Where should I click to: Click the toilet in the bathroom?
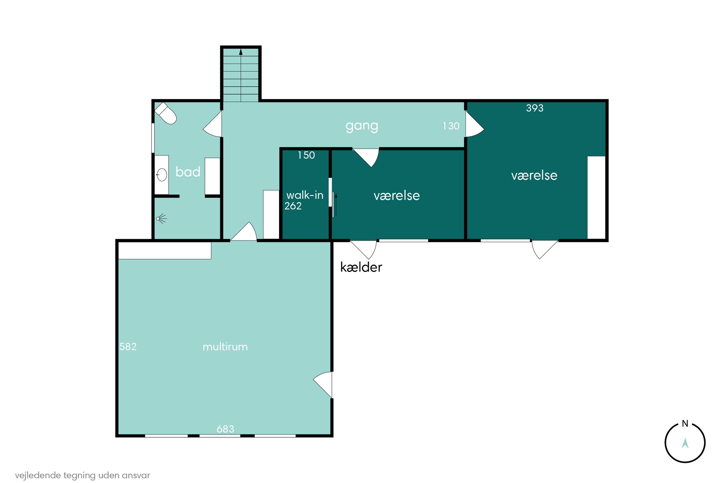[165, 113]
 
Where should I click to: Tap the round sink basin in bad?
[162, 175]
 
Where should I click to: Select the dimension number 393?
[535, 108]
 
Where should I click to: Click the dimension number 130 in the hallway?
[451, 126]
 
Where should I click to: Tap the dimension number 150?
[306, 155]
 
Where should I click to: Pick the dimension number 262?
[293, 206]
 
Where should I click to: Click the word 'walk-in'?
[305, 195]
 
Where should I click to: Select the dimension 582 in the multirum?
[128, 347]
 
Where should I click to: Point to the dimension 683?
[225, 429]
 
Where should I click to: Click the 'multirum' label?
[225, 347]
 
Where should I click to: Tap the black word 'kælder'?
[361, 267]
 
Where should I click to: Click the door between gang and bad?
[212, 124]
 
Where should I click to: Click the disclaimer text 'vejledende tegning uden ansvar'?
[83, 475]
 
